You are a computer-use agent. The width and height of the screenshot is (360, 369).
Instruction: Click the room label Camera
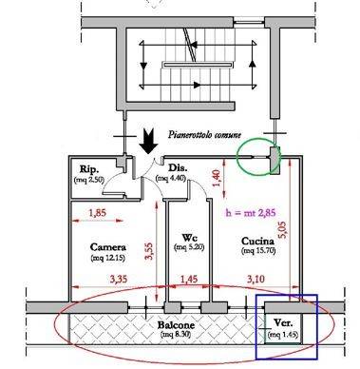[108, 247]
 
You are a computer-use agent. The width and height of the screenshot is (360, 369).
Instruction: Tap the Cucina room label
[257, 241]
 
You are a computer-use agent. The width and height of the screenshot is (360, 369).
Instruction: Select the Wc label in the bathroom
[190, 237]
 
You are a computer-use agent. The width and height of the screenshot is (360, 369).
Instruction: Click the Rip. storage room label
[89, 169]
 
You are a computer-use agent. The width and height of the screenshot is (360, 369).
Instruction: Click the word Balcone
[176, 325]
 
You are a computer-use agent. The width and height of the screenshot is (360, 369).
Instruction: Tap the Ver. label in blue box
[283, 323]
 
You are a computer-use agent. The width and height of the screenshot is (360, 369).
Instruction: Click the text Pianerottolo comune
[204, 135]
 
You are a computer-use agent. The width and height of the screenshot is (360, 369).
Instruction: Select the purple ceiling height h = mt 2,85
[251, 213]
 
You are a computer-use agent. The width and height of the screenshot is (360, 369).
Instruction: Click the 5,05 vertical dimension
[282, 230]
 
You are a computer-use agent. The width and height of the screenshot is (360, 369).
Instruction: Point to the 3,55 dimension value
[149, 251]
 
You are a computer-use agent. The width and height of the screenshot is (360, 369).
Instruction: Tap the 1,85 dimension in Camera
[97, 213]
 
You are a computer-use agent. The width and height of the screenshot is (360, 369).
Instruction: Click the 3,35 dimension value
[119, 280]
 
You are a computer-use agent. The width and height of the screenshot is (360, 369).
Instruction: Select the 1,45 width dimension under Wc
[189, 280]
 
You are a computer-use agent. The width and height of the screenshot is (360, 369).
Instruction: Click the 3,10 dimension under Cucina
[256, 280]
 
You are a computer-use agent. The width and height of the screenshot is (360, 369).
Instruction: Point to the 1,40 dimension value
[217, 178]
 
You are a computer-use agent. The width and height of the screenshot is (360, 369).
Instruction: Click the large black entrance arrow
[148, 141]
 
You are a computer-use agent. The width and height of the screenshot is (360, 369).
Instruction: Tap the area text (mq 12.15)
[108, 258]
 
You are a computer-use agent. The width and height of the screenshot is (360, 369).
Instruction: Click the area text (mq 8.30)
[176, 335]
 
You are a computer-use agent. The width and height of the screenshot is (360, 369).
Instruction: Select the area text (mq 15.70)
[258, 251]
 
